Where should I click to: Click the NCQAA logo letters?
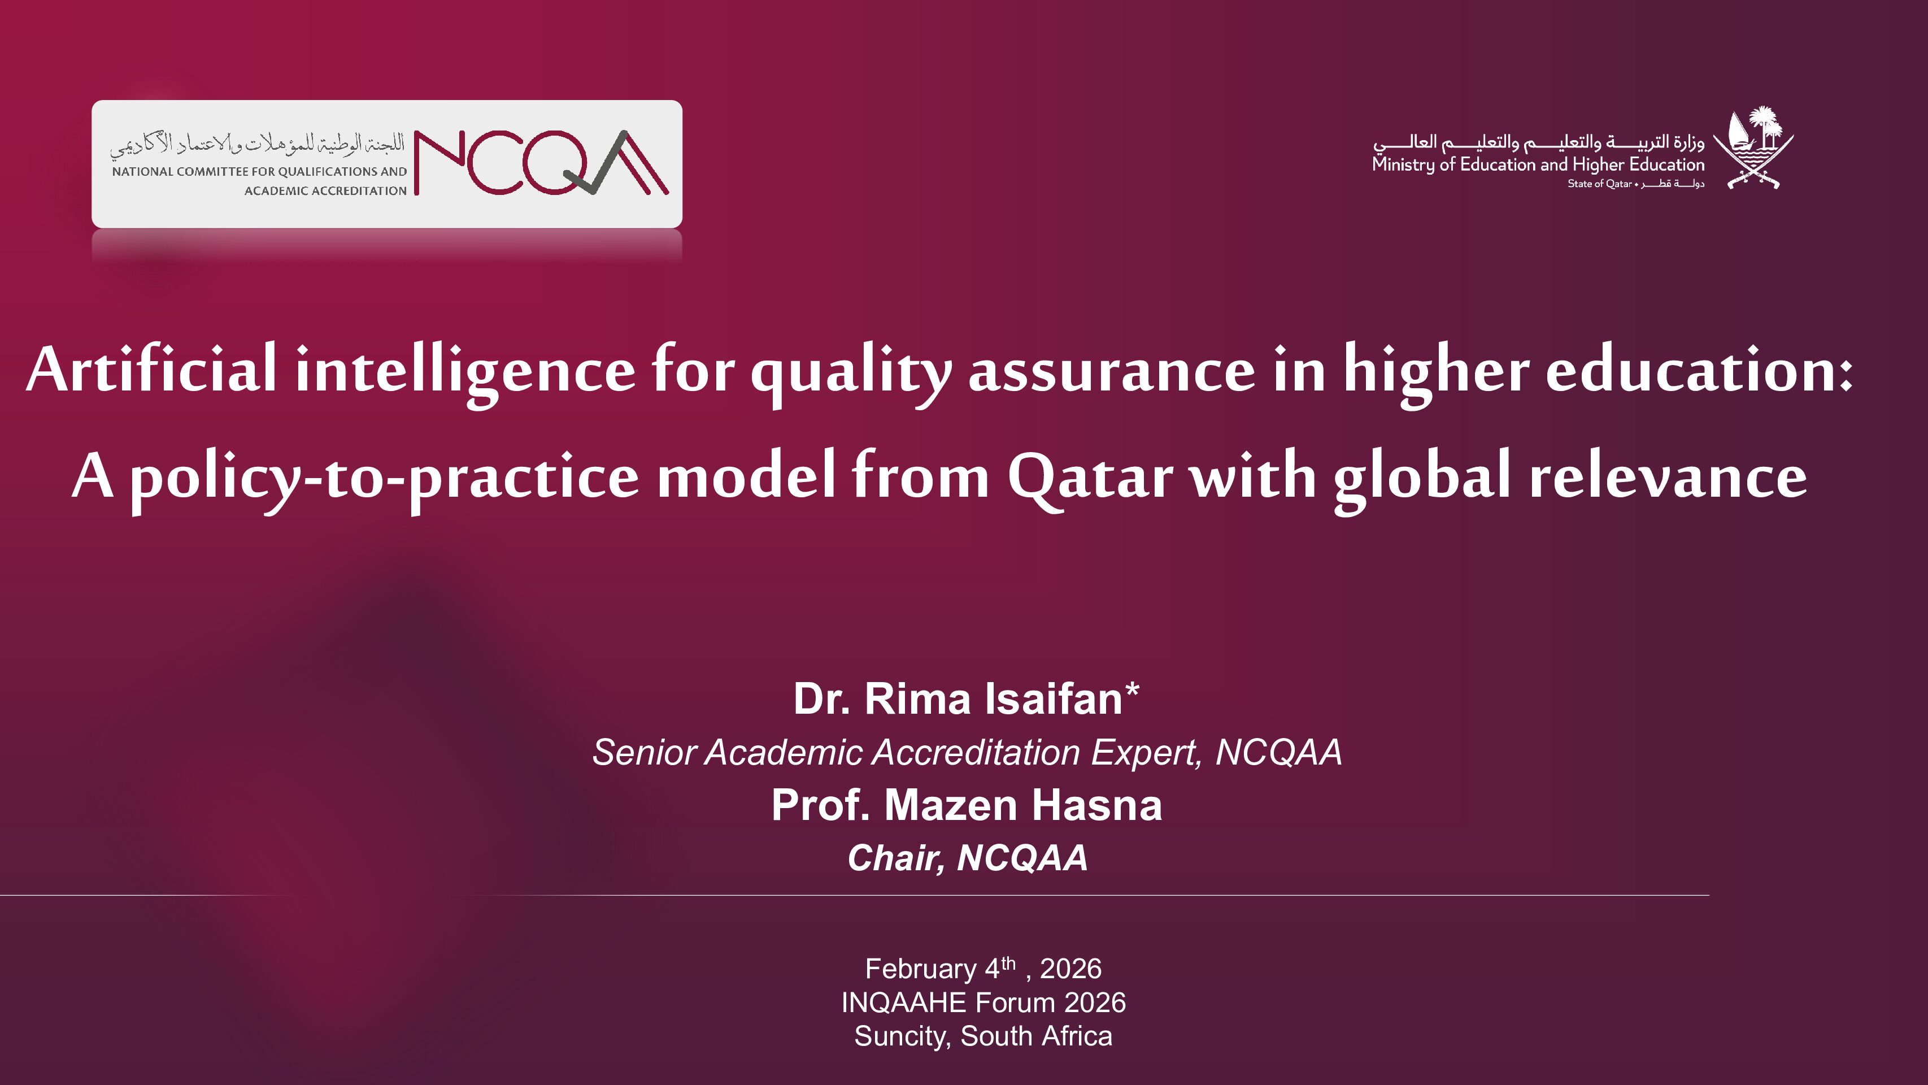pyautogui.click(x=541, y=163)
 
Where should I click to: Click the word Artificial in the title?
pyautogui.click(x=151, y=369)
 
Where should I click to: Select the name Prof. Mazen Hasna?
pyautogui.click(x=966, y=805)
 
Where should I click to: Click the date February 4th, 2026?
pyautogui.click(x=983, y=968)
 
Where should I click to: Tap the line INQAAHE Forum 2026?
pyautogui.click(x=983, y=1002)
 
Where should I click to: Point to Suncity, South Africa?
pyautogui.click(x=983, y=1036)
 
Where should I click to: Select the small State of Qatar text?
pyautogui.click(x=1599, y=184)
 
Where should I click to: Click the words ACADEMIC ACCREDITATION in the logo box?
pyautogui.click(x=325, y=191)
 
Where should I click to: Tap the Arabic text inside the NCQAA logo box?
pyautogui.click(x=256, y=144)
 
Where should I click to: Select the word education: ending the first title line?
pyautogui.click(x=1699, y=369)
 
